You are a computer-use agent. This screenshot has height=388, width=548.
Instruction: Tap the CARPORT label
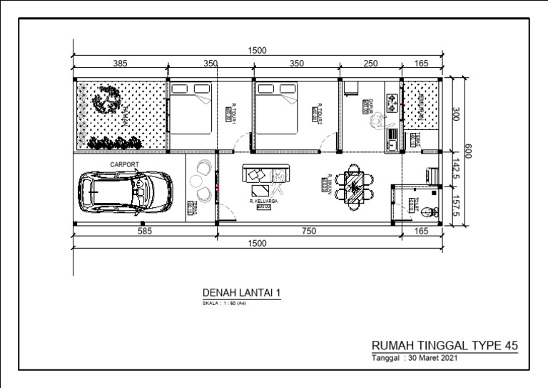(x=124, y=164)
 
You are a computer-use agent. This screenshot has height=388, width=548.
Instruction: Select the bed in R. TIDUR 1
(x=190, y=107)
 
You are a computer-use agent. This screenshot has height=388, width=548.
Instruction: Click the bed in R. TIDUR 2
(x=278, y=107)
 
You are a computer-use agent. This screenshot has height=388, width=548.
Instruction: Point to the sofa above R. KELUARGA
(x=267, y=174)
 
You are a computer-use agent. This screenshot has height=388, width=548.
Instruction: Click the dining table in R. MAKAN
(x=355, y=185)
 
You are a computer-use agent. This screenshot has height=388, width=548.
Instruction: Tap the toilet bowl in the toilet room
(x=427, y=210)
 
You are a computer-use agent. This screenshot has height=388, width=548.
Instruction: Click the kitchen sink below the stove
(x=392, y=133)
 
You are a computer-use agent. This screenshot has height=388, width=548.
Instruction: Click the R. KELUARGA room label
(x=263, y=202)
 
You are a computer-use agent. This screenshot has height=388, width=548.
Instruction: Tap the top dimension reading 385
(x=120, y=64)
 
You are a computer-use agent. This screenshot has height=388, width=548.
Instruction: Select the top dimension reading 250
(x=370, y=64)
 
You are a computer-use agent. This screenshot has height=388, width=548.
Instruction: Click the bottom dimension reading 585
(x=145, y=231)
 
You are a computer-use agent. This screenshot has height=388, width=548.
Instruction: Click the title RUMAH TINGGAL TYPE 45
(x=445, y=345)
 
